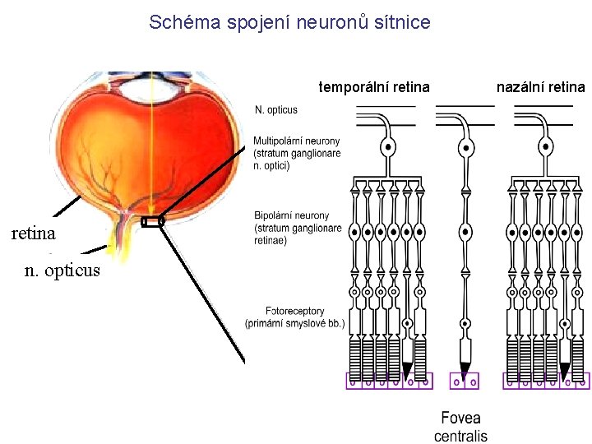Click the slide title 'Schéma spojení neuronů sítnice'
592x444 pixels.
tap(289, 22)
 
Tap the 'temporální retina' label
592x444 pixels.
tap(374, 86)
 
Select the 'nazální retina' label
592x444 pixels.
tap(540, 86)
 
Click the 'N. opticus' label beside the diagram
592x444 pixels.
tap(276, 109)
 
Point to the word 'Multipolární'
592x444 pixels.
tap(282, 141)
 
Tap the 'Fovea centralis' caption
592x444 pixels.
tap(460, 427)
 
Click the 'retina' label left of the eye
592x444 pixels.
tap(34, 234)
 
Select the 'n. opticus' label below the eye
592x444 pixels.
tap(62, 270)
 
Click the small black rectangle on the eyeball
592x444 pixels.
tap(152, 221)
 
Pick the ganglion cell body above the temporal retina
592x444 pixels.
tap(386, 149)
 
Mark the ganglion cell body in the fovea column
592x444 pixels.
tap(465, 150)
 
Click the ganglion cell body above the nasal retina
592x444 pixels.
tap(545, 149)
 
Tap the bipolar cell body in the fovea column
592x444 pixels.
tap(465, 233)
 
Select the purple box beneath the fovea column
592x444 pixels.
tap(465, 382)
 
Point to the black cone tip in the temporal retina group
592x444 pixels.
tap(407, 369)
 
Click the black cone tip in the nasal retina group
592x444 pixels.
tap(565, 369)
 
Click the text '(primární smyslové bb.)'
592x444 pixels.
tap(294, 323)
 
